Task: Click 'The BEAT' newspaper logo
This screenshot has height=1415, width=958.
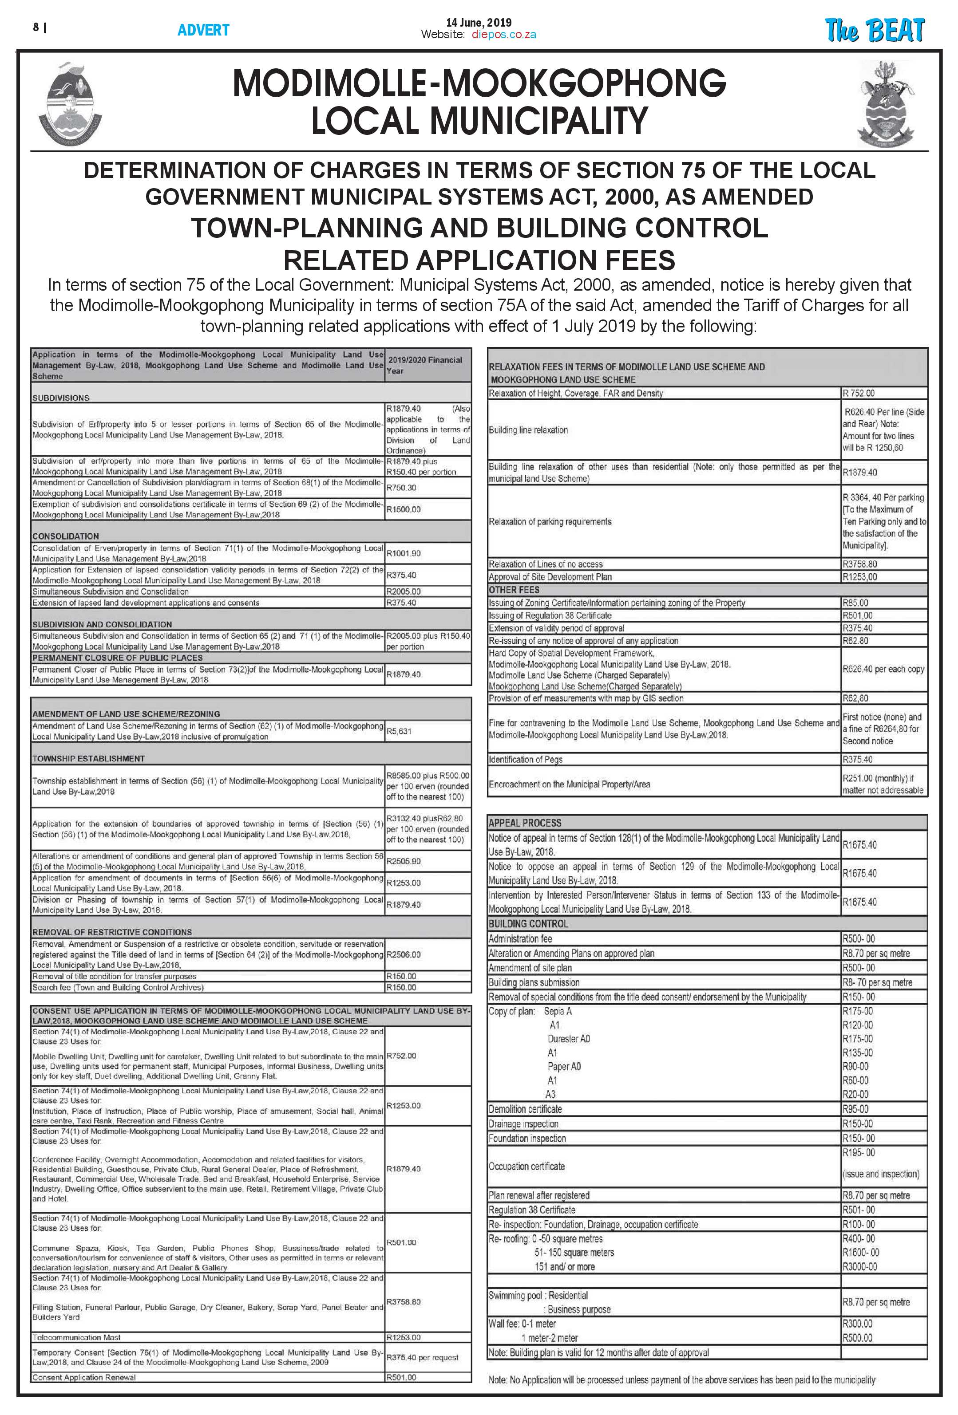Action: click(874, 31)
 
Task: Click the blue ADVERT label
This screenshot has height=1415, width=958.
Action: click(203, 30)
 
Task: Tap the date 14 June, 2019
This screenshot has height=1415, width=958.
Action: click(479, 23)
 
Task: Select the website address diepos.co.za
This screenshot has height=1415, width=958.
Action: click(504, 35)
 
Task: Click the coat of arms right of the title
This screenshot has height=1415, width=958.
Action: click(886, 103)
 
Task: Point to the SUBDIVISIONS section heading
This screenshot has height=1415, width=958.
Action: click(61, 398)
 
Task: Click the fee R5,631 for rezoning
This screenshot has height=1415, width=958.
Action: click(399, 731)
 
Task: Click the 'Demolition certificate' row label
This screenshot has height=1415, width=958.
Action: click(525, 1109)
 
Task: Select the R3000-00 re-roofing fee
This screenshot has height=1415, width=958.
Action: click(859, 1266)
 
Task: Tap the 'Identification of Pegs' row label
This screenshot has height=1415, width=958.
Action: click(525, 759)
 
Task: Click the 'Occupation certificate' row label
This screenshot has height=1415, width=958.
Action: click(526, 1166)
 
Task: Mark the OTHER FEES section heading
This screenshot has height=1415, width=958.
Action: click(514, 589)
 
